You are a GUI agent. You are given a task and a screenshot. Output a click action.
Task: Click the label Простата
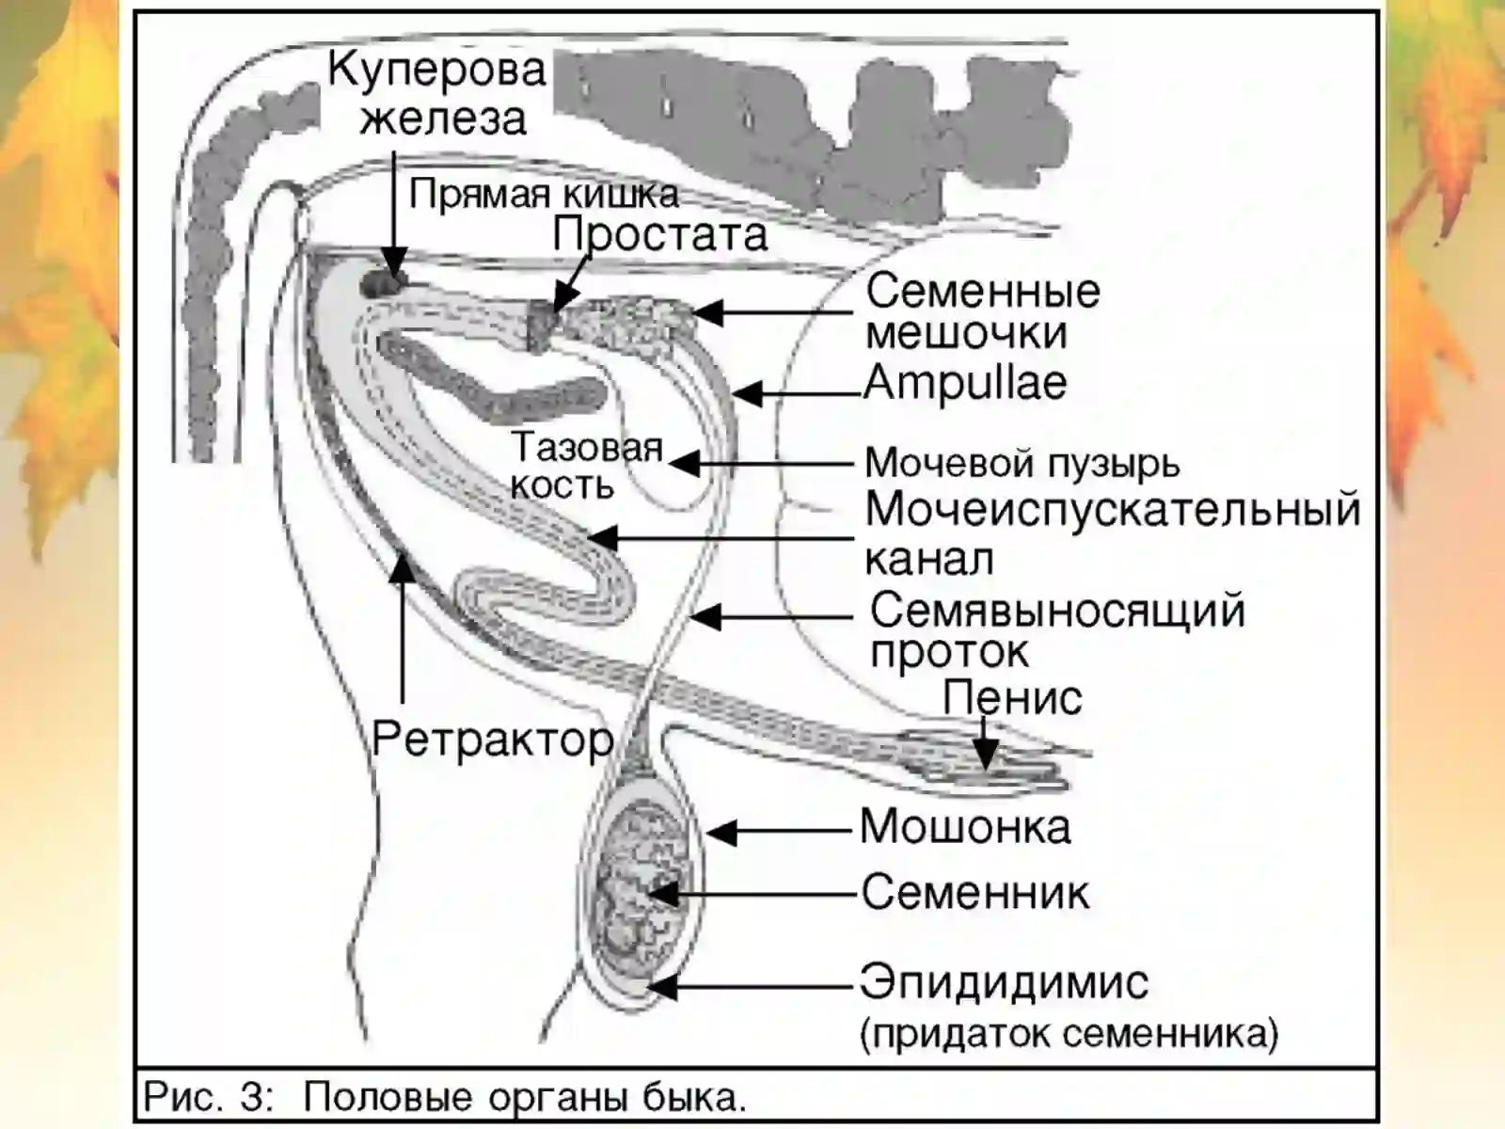[660, 234]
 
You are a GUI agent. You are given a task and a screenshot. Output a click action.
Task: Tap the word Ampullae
[965, 383]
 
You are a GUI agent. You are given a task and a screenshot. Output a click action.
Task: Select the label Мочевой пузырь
[1022, 463]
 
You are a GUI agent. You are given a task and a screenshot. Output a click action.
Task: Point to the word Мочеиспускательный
[1113, 510]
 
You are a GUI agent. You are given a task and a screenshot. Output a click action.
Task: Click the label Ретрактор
[493, 739]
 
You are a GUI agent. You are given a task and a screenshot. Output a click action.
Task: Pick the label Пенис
[1012, 698]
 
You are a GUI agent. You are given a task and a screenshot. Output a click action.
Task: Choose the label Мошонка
[965, 827]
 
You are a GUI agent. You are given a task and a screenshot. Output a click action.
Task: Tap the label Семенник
[975, 892]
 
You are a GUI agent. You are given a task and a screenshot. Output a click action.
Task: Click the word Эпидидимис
[1004, 983]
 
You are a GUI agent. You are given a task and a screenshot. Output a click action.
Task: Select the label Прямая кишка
[544, 195]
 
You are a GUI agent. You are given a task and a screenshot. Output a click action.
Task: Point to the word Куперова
[436, 71]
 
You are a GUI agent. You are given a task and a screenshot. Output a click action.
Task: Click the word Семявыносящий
[1057, 611]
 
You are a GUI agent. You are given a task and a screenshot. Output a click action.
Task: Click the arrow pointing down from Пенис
[984, 743]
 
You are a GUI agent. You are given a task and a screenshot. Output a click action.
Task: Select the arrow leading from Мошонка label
[781, 831]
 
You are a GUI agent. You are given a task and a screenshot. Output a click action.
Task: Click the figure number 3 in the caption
[252, 1098]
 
